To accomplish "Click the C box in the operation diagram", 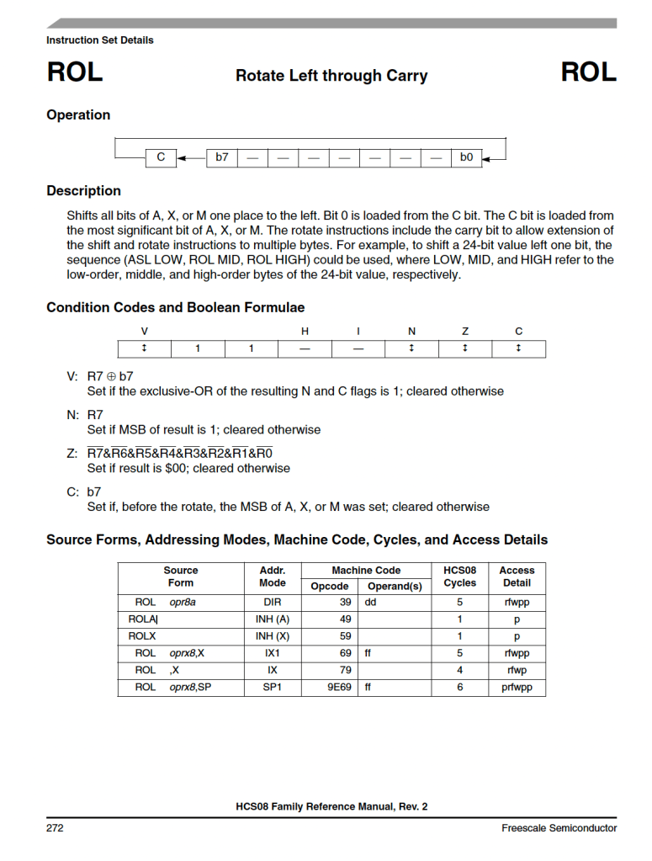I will pos(161,157).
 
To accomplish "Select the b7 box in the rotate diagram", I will pos(222,157).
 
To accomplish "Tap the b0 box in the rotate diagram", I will pos(466,157).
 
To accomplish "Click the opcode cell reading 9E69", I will pos(339,687).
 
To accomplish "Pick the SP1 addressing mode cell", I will pos(272,687).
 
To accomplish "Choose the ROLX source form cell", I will pos(181,636).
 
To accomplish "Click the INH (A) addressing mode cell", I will pos(272,619).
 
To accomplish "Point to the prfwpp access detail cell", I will pos(517,687).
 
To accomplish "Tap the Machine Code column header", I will pos(366,571).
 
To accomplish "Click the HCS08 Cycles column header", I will pos(459,577).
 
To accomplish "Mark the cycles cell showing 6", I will pos(459,687).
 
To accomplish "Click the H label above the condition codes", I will pos(305,332).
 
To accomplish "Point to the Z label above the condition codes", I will pos(464,332).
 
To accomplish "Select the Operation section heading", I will pos(78,115).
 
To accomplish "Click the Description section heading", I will pos(83,191).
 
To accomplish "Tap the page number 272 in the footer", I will pos(55,828).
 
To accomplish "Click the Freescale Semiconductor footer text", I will pos(559,828).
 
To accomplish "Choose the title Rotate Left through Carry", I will pos(331,76).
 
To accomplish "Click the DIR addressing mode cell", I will pos(272,603).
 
